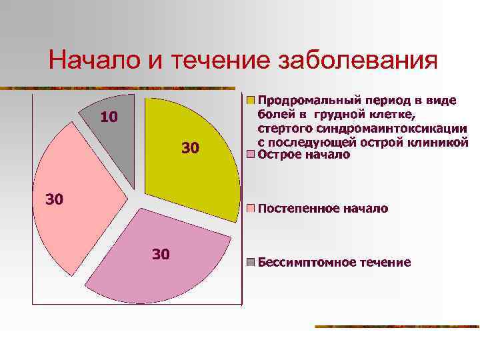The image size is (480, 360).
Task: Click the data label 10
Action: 109,118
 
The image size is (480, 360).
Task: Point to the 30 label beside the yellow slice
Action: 190,148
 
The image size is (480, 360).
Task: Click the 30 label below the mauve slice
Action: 161,253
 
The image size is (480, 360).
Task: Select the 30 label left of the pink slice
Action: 54,199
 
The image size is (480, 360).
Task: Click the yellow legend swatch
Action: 251,101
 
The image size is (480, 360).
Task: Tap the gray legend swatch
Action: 251,261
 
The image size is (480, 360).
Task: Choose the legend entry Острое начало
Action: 303,155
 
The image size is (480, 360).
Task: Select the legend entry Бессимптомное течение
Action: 334,261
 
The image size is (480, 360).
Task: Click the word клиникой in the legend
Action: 442,142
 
